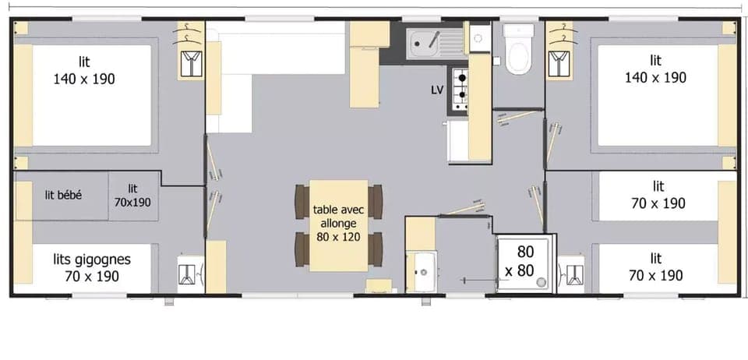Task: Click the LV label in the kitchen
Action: tap(437, 90)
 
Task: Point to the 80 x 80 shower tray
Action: tap(524, 261)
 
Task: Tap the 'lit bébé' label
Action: tap(63, 195)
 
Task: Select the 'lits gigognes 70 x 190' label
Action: tap(92, 267)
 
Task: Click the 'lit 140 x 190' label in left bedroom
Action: tap(85, 70)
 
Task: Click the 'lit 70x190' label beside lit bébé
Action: tap(133, 196)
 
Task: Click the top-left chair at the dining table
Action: tap(302, 200)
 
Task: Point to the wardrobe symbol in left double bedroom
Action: tap(189, 62)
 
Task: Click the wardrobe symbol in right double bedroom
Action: tap(559, 62)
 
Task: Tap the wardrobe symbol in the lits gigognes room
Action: tap(188, 273)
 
